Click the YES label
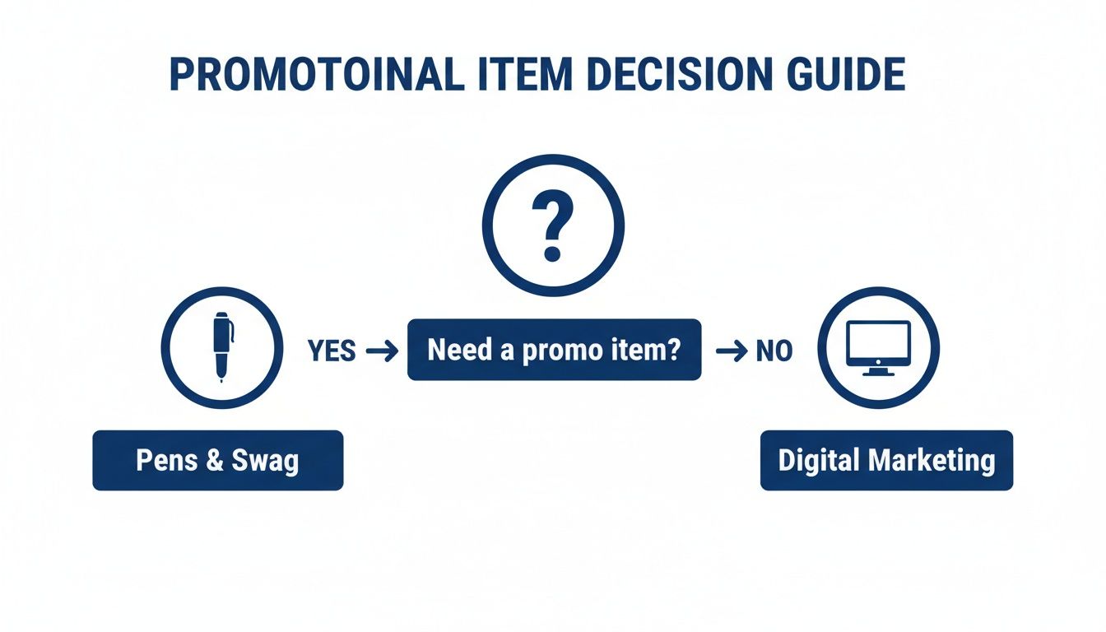click(332, 351)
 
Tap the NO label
click(774, 351)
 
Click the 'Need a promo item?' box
click(554, 350)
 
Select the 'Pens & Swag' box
click(217, 460)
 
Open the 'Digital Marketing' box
click(886, 460)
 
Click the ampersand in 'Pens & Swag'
click(216, 460)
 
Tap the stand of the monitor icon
click(879, 371)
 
